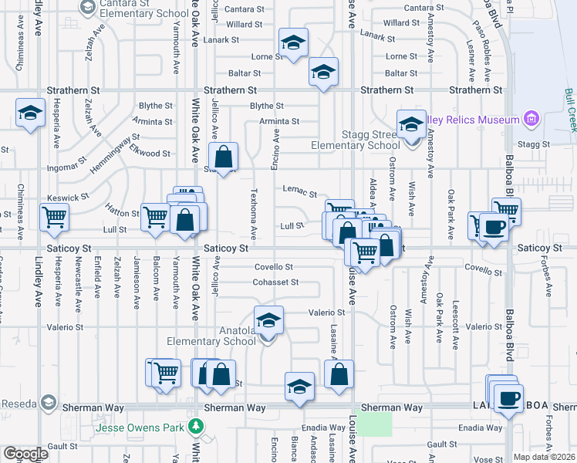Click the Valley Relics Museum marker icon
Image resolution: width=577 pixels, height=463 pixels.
pyautogui.click(x=530, y=120)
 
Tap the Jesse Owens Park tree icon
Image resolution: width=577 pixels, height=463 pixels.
pyautogui.click(x=197, y=427)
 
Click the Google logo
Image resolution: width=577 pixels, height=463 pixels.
pyautogui.click(x=25, y=454)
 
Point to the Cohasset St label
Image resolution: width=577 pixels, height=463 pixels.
pyautogui.click(x=275, y=282)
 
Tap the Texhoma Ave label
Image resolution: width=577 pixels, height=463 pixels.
pyautogui.click(x=253, y=213)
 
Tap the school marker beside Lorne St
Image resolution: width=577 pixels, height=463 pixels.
pyautogui.click(x=292, y=43)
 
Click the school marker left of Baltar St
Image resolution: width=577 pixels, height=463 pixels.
pyautogui.click(x=323, y=73)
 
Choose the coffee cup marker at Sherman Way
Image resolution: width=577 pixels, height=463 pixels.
pyautogui.click(x=508, y=398)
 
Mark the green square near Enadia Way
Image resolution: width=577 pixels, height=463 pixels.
pyautogui.click(x=374, y=423)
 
